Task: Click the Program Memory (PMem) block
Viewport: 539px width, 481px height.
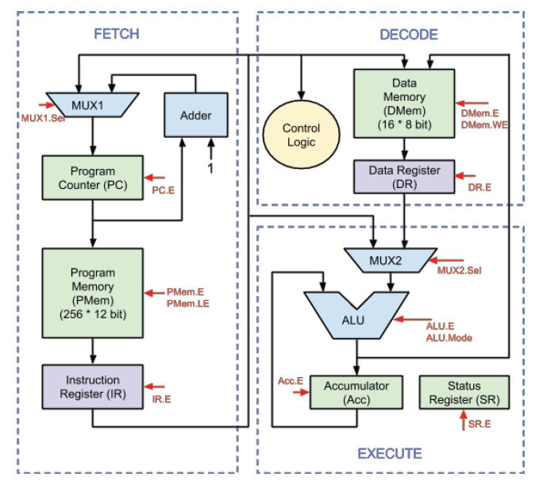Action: [93, 292]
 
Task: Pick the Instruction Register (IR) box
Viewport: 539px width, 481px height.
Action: [93, 387]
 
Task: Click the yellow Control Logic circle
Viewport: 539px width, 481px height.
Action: [301, 134]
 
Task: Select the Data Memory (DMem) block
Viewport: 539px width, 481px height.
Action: [405, 104]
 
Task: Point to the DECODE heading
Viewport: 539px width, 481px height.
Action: [408, 34]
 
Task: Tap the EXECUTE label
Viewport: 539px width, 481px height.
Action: [389, 454]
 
